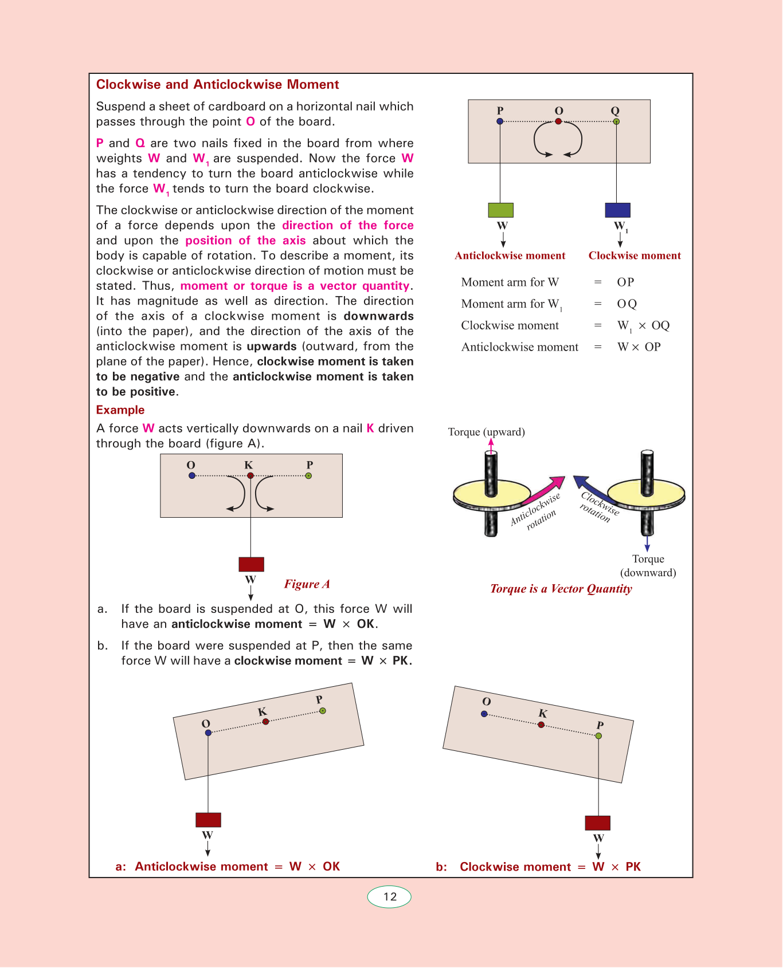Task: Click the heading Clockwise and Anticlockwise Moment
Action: coord(217,85)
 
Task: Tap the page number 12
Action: coord(390,897)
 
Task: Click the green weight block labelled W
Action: coord(500,210)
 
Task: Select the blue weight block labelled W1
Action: coord(617,210)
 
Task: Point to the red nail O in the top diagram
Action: coord(558,121)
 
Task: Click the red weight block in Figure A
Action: coord(251,564)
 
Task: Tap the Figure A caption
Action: coord(307,584)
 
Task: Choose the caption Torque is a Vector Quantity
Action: coord(561,589)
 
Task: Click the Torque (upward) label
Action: coord(486,432)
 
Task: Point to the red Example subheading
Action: coord(120,410)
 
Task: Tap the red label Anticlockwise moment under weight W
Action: coord(510,256)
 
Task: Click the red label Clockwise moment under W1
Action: coord(635,256)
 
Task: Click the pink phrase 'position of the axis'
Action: coord(245,241)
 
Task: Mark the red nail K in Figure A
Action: coord(250,476)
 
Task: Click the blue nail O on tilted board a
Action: coord(208,733)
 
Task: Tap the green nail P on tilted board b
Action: coord(598,735)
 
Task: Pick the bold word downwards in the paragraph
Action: coord(378,316)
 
